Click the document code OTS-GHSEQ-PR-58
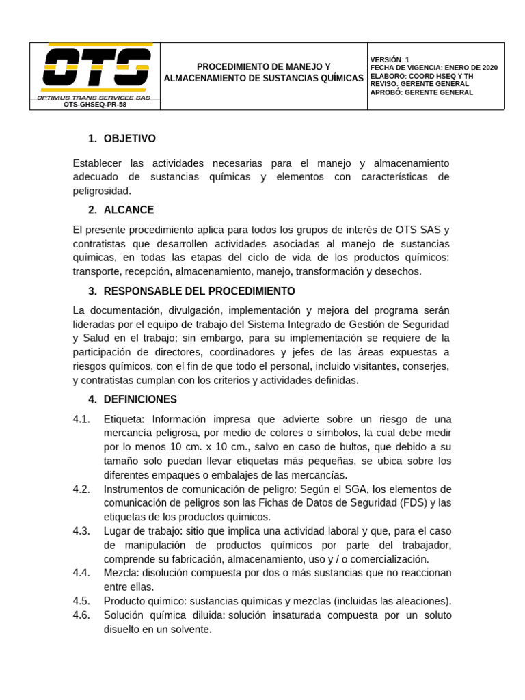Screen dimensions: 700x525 95,105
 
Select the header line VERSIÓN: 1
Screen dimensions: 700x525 390,59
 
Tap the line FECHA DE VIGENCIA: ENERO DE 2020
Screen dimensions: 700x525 433,68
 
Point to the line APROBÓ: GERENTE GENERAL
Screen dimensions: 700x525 421,92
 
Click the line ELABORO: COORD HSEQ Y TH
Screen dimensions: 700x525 421,76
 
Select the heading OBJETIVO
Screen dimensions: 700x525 129,139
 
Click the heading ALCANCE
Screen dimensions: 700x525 129,210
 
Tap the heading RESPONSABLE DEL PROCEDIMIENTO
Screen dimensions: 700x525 199,291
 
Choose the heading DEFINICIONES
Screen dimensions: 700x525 140,399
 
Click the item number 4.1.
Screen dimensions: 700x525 81,419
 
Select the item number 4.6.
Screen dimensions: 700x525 81,615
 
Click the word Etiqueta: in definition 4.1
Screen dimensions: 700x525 124,419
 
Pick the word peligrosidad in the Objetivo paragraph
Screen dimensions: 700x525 101,191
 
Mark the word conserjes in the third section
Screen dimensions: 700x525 427,366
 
